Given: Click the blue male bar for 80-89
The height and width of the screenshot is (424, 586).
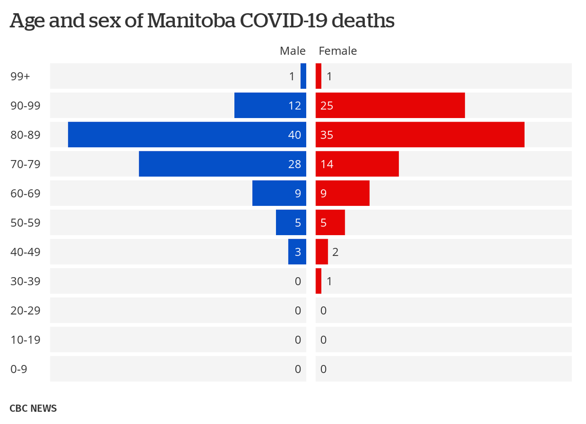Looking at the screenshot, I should pyautogui.click(x=187, y=135).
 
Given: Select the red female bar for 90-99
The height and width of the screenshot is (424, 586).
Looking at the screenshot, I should pyautogui.click(x=390, y=105).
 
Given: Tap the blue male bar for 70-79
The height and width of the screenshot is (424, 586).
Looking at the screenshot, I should pyautogui.click(x=222, y=164).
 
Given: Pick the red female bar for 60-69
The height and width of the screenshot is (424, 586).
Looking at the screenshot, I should pyautogui.click(x=342, y=193).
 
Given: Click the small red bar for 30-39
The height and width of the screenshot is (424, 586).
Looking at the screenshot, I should pyautogui.click(x=318, y=281).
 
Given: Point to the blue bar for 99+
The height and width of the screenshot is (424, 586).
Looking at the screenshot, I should pyautogui.click(x=303, y=76).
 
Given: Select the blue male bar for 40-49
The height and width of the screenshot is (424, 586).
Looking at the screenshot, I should pyautogui.click(x=297, y=252).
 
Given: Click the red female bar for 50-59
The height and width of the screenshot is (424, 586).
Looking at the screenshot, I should pyautogui.click(x=330, y=222).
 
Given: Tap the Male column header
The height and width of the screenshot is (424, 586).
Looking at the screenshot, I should pyautogui.click(x=293, y=51).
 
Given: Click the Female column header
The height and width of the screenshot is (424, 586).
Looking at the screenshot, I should pyautogui.click(x=337, y=51).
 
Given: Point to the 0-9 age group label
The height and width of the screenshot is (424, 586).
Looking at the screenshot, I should pyautogui.click(x=19, y=369).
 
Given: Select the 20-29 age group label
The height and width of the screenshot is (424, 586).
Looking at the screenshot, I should pyautogui.click(x=25, y=311).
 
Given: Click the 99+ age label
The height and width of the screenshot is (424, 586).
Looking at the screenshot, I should pyautogui.click(x=20, y=77).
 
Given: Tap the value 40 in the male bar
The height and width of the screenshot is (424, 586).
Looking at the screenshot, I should pyautogui.click(x=294, y=135).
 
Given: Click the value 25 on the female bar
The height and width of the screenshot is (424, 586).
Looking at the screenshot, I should pyautogui.click(x=327, y=106).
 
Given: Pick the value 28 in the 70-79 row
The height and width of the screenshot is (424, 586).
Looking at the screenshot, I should pyautogui.click(x=294, y=164).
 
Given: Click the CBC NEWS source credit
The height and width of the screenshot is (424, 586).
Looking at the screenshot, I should pyautogui.click(x=33, y=408).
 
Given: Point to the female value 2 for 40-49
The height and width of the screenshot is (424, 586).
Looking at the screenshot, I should pyautogui.click(x=335, y=252).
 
